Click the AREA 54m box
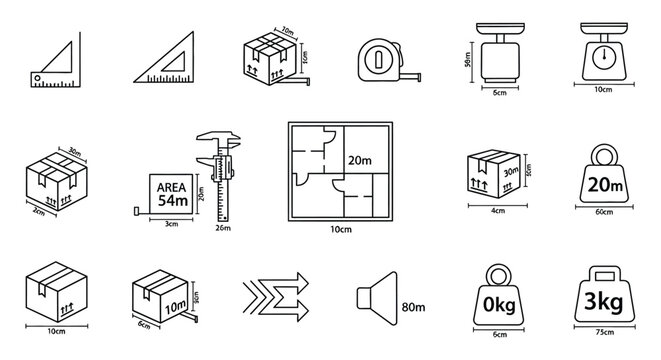[168, 194]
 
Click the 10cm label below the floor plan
[340, 229]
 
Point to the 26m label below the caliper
[223, 229]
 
